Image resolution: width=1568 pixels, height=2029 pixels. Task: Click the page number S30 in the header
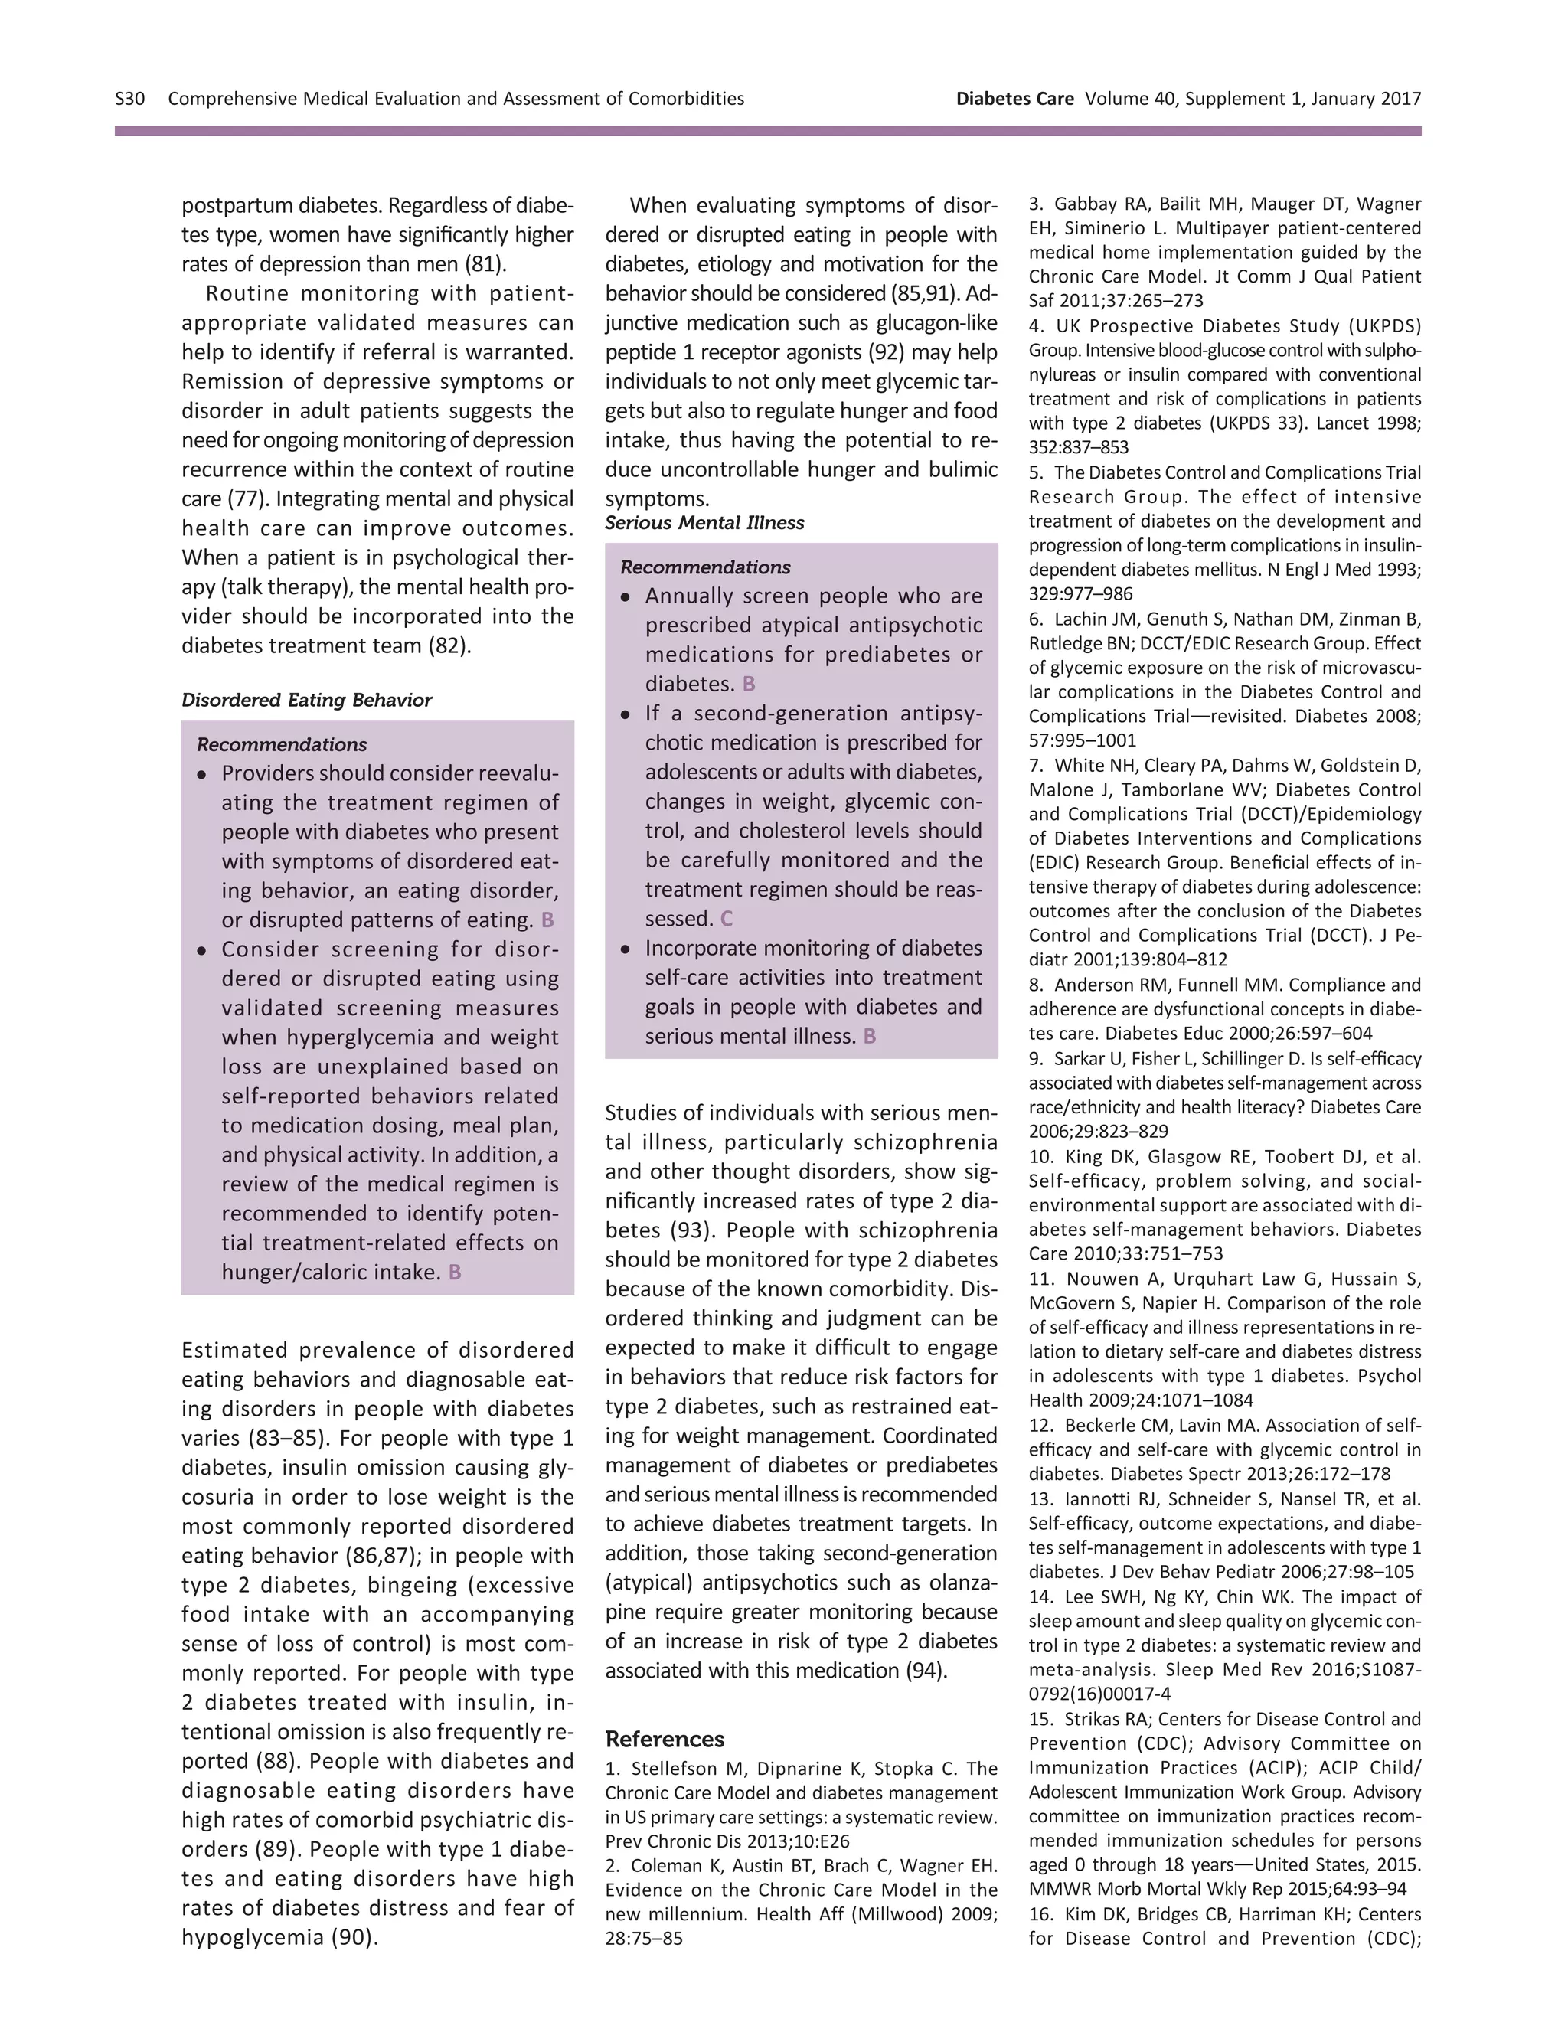coord(130,99)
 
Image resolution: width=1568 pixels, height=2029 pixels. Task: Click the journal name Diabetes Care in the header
coord(1014,99)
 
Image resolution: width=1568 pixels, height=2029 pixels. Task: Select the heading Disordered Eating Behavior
coord(306,700)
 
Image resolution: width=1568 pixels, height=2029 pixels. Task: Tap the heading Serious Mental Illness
coord(704,522)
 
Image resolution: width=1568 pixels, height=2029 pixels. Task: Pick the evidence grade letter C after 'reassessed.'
coord(727,919)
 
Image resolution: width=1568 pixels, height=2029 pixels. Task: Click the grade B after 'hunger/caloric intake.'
coord(454,1272)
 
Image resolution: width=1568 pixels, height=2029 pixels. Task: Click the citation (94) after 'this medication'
coord(926,1671)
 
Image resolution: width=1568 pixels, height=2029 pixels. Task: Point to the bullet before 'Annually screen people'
coord(626,596)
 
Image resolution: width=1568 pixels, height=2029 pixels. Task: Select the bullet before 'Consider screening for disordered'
coord(201,950)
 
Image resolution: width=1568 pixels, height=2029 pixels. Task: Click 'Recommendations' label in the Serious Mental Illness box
coord(705,567)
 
